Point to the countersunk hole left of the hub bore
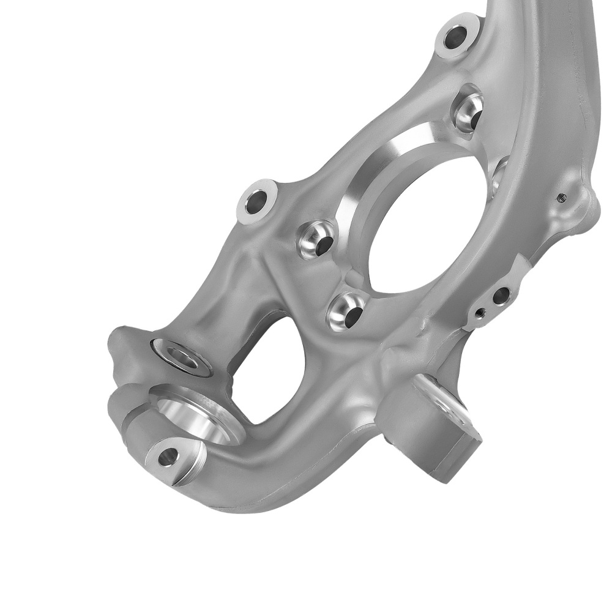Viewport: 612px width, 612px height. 317,240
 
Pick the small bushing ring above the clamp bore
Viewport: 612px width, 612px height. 182,355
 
